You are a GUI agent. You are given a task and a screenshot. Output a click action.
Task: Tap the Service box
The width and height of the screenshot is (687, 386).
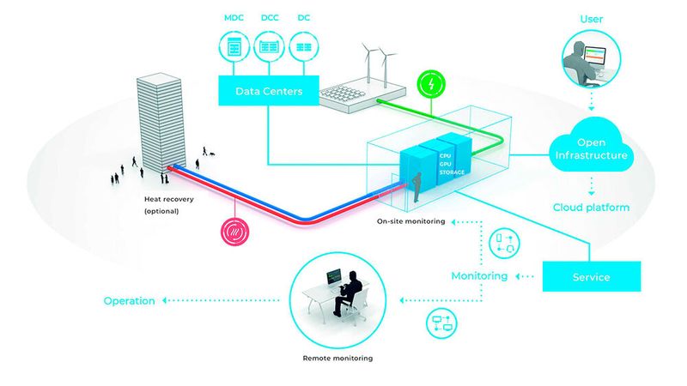click(592, 277)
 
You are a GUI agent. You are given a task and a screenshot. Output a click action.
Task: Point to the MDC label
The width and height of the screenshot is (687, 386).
click(234, 17)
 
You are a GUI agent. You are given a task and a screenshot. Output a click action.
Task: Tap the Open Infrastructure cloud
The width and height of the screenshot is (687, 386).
click(592, 151)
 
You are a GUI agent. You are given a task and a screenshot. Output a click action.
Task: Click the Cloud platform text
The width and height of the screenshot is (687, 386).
click(592, 208)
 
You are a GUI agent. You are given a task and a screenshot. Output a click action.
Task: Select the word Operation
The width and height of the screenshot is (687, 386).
click(129, 301)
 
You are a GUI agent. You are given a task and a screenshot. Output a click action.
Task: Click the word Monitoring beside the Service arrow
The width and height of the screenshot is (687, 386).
click(479, 276)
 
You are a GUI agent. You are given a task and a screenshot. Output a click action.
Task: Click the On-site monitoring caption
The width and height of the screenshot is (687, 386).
click(410, 221)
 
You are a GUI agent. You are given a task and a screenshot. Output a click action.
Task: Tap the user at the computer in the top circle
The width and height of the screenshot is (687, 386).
click(581, 56)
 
